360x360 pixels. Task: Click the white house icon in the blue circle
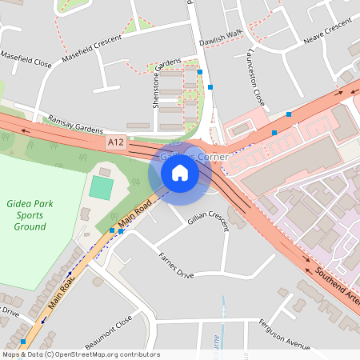[180, 171]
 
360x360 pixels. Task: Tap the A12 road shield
[117, 142]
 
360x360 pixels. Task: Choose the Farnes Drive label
[177, 264]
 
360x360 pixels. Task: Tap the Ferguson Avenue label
[284, 334]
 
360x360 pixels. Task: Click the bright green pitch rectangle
[102, 188]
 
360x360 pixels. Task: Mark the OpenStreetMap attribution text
[80, 354]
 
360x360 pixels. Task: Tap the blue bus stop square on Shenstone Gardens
[199, 72]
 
